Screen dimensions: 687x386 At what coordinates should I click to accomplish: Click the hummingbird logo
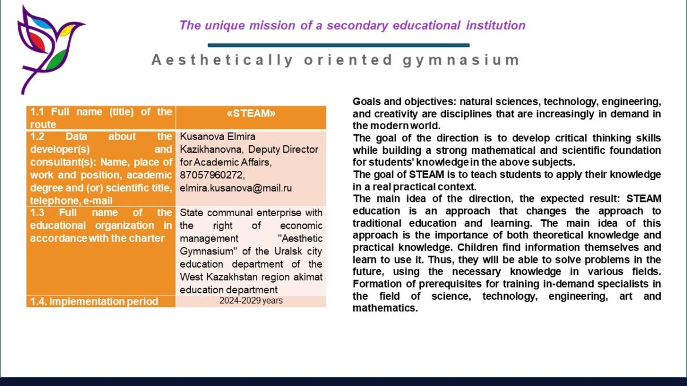point(50,49)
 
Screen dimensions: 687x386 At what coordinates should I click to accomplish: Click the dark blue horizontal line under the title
point(338,45)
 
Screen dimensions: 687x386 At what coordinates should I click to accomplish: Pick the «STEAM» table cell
point(251,117)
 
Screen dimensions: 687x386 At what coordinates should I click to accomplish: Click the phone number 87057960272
point(212,175)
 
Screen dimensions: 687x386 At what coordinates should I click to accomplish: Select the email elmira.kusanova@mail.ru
point(235,188)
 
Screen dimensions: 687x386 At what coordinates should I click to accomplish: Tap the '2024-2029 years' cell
point(251,301)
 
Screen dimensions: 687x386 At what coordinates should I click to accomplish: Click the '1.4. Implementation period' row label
point(94,301)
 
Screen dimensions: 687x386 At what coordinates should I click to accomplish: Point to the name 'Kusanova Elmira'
point(218,136)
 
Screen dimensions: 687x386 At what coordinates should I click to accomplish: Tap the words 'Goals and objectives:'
point(405,101)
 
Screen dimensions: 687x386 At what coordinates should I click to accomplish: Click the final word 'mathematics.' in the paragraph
point(385,308)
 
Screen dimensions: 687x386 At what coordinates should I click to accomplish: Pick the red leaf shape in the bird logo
point(37,42)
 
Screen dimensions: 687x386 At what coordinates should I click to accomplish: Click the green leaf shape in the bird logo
point(56,59)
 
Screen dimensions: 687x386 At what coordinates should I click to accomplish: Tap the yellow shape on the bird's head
point(66,30)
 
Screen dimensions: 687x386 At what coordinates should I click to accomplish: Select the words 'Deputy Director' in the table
point(283,149)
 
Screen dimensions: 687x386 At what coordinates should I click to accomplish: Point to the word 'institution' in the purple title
point(496,25)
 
